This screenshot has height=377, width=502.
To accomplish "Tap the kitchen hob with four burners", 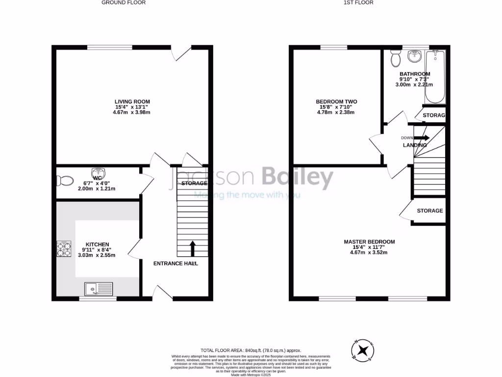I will coord(63,249).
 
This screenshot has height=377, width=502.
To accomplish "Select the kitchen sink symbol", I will coord(99,289).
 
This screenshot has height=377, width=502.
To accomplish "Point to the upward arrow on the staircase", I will coord(192,248).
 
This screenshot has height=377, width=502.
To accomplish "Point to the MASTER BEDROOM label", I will coord(369,242).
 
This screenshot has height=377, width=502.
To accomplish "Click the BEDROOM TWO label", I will coord(336,102).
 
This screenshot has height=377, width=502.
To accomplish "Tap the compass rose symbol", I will coord(362,350).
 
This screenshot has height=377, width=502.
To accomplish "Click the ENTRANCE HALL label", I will coord(176,264).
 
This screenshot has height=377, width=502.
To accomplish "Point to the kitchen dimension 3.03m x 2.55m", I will coord(97,255).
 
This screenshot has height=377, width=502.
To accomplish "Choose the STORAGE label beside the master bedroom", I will coord(430,211).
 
